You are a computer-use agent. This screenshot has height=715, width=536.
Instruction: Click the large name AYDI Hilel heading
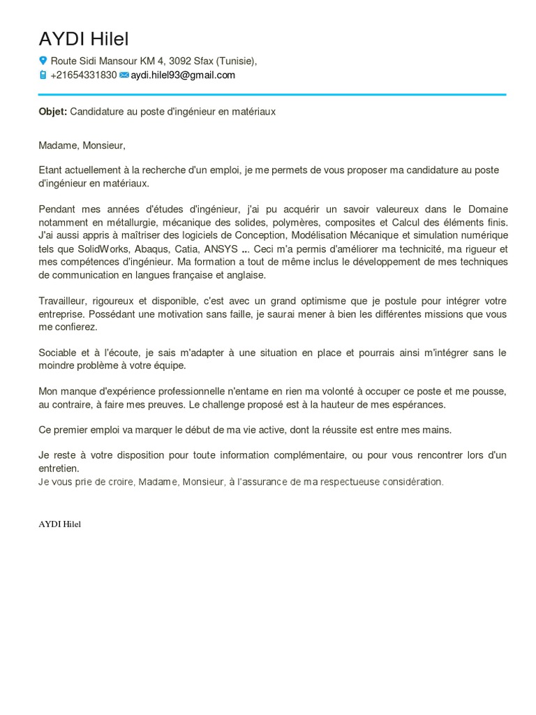84,39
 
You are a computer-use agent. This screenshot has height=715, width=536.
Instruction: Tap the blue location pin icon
43,61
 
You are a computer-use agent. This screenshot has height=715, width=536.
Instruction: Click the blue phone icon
43,75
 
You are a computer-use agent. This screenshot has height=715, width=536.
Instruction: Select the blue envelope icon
124,75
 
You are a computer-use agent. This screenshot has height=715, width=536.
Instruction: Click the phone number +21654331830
84,75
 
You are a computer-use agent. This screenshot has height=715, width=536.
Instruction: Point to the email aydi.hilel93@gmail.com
183,75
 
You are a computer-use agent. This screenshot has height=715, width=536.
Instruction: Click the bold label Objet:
53,111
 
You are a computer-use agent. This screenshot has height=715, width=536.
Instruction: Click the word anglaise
245,275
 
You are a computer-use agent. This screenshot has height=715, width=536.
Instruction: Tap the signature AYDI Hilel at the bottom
60,524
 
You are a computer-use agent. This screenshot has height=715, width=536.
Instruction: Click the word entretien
59,468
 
